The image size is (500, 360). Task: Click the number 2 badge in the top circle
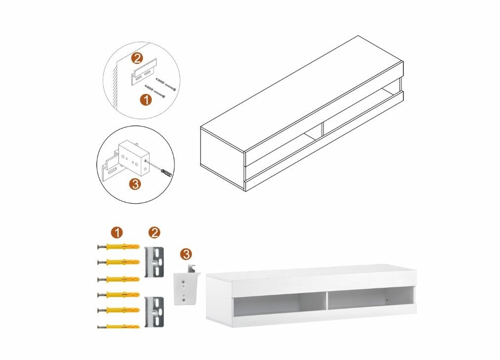[x=137, y=58]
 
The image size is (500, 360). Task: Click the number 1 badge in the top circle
[x=146, y=99]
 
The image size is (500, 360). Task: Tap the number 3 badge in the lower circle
[x=135, y=184]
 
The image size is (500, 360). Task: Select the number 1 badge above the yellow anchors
[x=117, y=232]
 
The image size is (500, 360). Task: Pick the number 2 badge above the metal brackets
[x=154, y=232]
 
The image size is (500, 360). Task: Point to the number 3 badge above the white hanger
[x=186, y=254]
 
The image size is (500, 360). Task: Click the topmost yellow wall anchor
[x=119, y=247]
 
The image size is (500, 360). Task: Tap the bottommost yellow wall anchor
[x=119, y=326]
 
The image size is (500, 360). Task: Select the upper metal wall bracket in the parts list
[x=154, y=262]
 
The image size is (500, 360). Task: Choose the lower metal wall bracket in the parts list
[x=154, y=312]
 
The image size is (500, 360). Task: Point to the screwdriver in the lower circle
[x=167, y=173]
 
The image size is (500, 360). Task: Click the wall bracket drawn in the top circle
[x=144, y=74]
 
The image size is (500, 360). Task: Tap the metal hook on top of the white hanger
[x=192, y=269]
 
